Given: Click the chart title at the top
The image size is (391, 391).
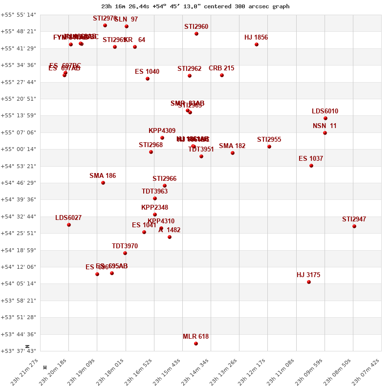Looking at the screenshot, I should click(x=195, y=6).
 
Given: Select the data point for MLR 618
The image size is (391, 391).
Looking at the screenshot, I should click(x=196, y=344).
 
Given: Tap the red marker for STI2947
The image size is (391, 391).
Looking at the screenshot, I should click(x=354, y=226).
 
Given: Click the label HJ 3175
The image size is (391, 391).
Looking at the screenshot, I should click(x=308, y=275).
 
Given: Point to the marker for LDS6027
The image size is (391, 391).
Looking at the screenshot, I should click(x=69, y=225).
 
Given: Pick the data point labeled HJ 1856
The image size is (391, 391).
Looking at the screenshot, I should click(x=257, y=44).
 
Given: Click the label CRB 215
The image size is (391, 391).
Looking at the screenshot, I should click(x=221, y=68).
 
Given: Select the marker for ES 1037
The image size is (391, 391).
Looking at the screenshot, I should click(x=311, y=166).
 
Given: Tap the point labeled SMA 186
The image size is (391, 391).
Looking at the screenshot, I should click(x=103, y=183).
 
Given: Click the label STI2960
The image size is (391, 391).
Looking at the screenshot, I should click(x=196, y=27).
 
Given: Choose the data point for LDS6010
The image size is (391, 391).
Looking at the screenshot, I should click(x=326, y=118).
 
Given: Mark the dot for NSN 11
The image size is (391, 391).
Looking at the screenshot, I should click(x=325, y=133).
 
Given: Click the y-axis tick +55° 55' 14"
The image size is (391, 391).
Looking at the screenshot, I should click(x=18, y=15).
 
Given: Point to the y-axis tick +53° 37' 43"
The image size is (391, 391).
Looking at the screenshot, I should click(x=18, y=351).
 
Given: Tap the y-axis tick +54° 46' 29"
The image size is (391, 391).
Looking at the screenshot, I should click(x=18, y=183).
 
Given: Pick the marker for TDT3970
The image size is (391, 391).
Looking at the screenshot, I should click(x=125, y=253).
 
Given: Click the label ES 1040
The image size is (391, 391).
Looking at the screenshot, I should click(x=147, y=72).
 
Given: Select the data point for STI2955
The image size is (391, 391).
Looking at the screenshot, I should click(x=269, y=147).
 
